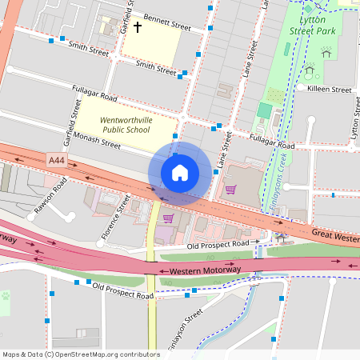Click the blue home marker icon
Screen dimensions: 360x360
pos(180,173)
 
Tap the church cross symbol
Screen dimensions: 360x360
pos(137,28)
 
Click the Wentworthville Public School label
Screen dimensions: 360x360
pos(126,126)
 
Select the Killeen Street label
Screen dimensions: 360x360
pos(330,90)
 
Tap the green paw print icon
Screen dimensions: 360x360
pos(6,296)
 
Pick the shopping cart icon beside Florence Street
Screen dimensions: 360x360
pos(168,218)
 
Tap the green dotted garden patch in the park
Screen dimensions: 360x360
pos(275,95)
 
